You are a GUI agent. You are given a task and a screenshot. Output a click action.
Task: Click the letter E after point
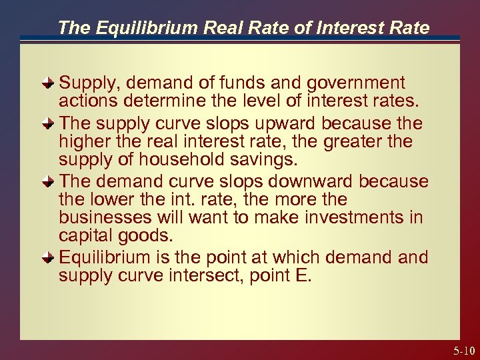coord(303,275)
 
